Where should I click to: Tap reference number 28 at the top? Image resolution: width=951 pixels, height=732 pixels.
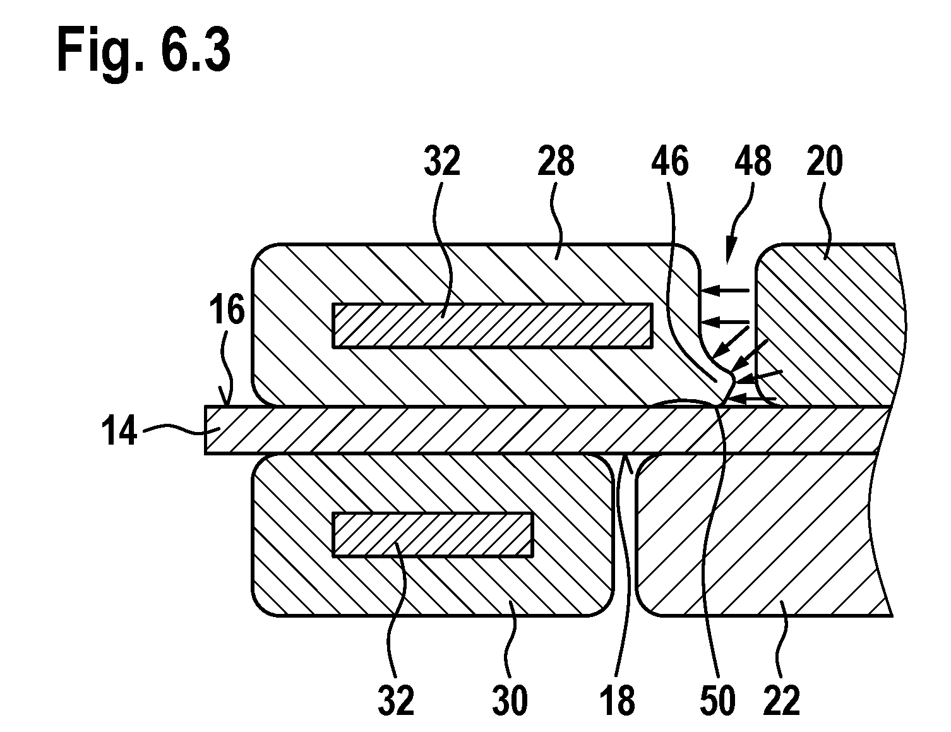[556, 161]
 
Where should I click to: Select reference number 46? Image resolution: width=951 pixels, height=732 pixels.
[669, 161]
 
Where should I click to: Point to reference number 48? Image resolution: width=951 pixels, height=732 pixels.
[753, 161]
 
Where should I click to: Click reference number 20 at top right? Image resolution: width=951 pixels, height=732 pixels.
[825, 161]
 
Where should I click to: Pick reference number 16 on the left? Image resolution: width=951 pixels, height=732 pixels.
[227, 309]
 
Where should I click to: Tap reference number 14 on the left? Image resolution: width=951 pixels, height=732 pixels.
[119, 430]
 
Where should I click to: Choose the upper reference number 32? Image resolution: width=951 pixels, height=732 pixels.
[442, 161]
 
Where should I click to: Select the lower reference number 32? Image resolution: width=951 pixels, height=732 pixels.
[396, 700]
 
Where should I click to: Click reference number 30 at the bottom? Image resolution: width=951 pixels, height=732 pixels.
[510, 700]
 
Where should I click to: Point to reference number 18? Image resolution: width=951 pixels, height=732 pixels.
[618, 700]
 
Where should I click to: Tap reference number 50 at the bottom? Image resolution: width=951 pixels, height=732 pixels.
[718, 700]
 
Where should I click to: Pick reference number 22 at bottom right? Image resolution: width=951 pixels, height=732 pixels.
[782, 700]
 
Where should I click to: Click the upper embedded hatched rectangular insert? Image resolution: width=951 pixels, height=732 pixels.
[493, 325]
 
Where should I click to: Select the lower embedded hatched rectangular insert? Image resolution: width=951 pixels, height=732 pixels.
[433, 535]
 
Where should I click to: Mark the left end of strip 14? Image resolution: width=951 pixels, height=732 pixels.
[205, 431]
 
